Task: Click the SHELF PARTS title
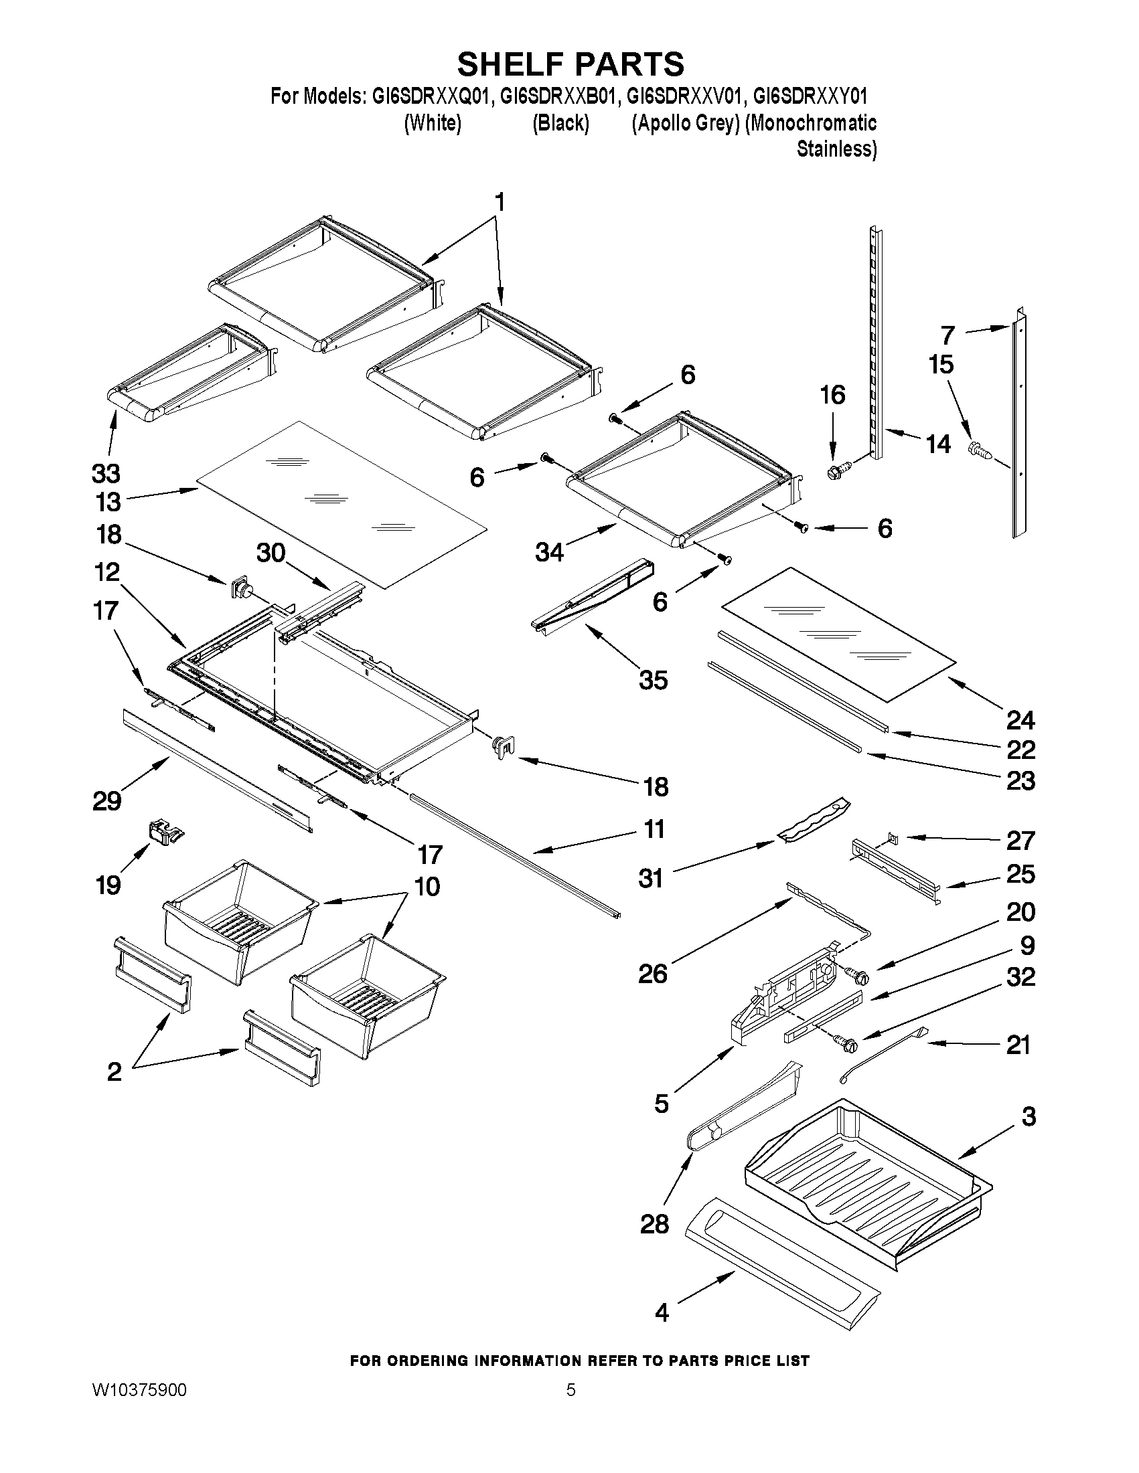[571, 64]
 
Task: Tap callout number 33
[106, 473]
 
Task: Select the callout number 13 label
[108, 502]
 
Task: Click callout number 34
[549, 552]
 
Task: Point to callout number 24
[1020, 720]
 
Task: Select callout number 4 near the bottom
[662, 1312]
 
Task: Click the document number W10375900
[139, 1390]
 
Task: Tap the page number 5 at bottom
[571, 1390]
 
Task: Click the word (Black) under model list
[560, 123]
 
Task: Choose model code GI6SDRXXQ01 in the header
[429, 96]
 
